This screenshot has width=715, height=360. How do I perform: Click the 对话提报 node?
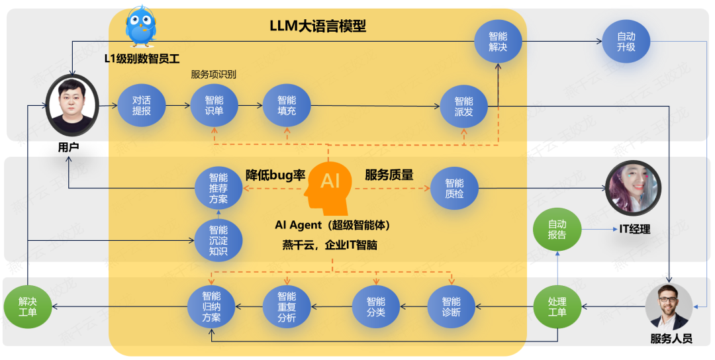click(x=142, y=106)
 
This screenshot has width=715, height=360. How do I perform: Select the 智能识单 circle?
click(x=215, y=106)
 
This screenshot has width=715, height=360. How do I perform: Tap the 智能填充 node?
click(x=287, y=106)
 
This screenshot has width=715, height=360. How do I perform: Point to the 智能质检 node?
click(x=454, y=189)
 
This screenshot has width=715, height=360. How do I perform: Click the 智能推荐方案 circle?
click(x=218, y=188)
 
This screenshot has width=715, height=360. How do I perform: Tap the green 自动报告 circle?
click(x=557, y=230)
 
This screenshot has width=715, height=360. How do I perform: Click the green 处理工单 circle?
click(x=557, y=306)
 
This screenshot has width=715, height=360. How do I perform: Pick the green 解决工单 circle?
click(x=27, y=306)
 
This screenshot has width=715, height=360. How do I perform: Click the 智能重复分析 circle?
click(x=287, y=306)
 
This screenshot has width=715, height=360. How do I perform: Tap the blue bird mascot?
click(x=141, y=25)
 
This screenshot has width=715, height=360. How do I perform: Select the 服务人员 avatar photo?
click(x=669, y=306)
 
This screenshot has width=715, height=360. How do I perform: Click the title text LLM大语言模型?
click(x=318, y=26)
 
